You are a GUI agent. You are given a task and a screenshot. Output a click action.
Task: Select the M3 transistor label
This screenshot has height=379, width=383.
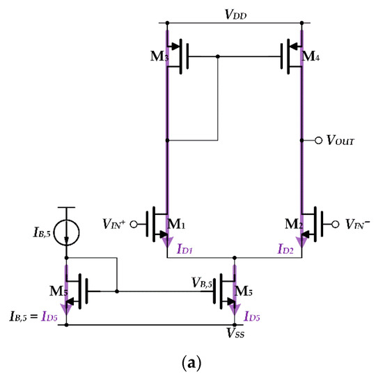pos(159,56)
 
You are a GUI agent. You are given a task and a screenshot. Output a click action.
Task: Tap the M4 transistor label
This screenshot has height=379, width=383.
pos(311,56)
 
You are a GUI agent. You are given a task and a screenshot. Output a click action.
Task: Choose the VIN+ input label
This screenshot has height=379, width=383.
pos(116,224)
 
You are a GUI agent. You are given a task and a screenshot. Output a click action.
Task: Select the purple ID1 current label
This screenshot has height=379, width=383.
pos(187,247)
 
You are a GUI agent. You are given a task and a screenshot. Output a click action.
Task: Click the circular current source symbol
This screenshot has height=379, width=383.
pos(67,227)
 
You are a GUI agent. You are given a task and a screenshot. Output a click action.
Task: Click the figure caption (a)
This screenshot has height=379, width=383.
pos(191,363)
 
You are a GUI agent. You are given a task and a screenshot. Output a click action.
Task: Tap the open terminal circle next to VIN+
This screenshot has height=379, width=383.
pos(136,224)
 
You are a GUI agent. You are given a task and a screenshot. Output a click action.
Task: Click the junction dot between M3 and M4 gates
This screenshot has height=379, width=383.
pos(219,56)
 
